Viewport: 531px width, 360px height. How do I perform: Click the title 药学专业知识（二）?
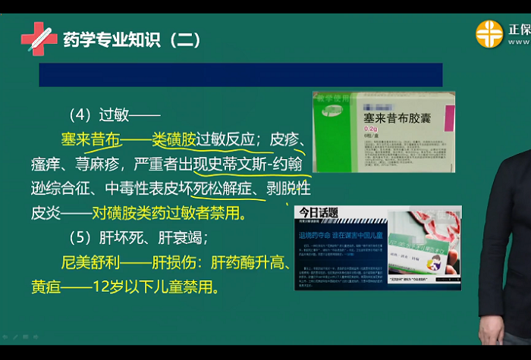pyautogui.click(x=134, y=39)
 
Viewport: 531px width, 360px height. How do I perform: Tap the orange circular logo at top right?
pyautogui.click(x=489, y=34)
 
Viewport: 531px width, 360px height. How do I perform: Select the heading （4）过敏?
pyautogui.click(x=115, y=115)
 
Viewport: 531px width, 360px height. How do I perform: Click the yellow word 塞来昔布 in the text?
pyautogui.click(x=91, y=140)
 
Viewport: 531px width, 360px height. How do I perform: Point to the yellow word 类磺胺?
pyautogui.click(x=174, y=140)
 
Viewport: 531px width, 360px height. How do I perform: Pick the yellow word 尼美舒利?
pyautogui.click(x=91, y=263)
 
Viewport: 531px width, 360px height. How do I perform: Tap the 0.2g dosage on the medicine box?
pyautogui.click(x=371, y=130)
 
